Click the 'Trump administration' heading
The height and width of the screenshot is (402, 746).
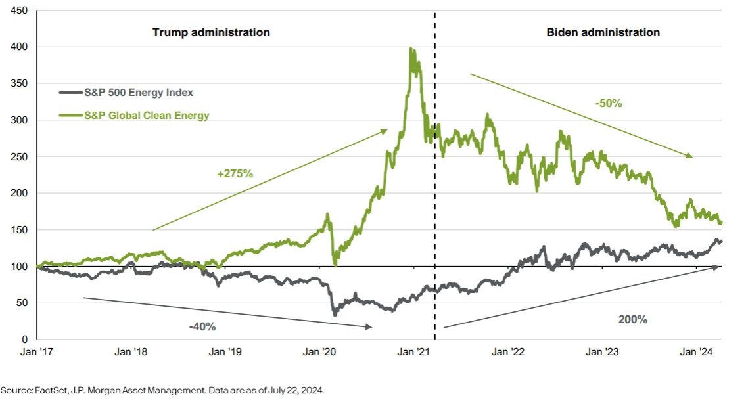tap(211, 32)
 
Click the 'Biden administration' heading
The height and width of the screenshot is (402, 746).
tap(603, 32)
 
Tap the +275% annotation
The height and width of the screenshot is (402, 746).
tap(235, 173)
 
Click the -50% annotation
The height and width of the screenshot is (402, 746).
tap(608, 103)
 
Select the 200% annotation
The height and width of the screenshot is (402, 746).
tap(633, 319)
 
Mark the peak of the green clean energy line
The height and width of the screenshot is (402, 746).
tap(411, 48)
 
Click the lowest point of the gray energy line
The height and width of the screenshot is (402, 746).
tap(335, 315)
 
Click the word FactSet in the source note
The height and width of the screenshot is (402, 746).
tap(44, 390)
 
